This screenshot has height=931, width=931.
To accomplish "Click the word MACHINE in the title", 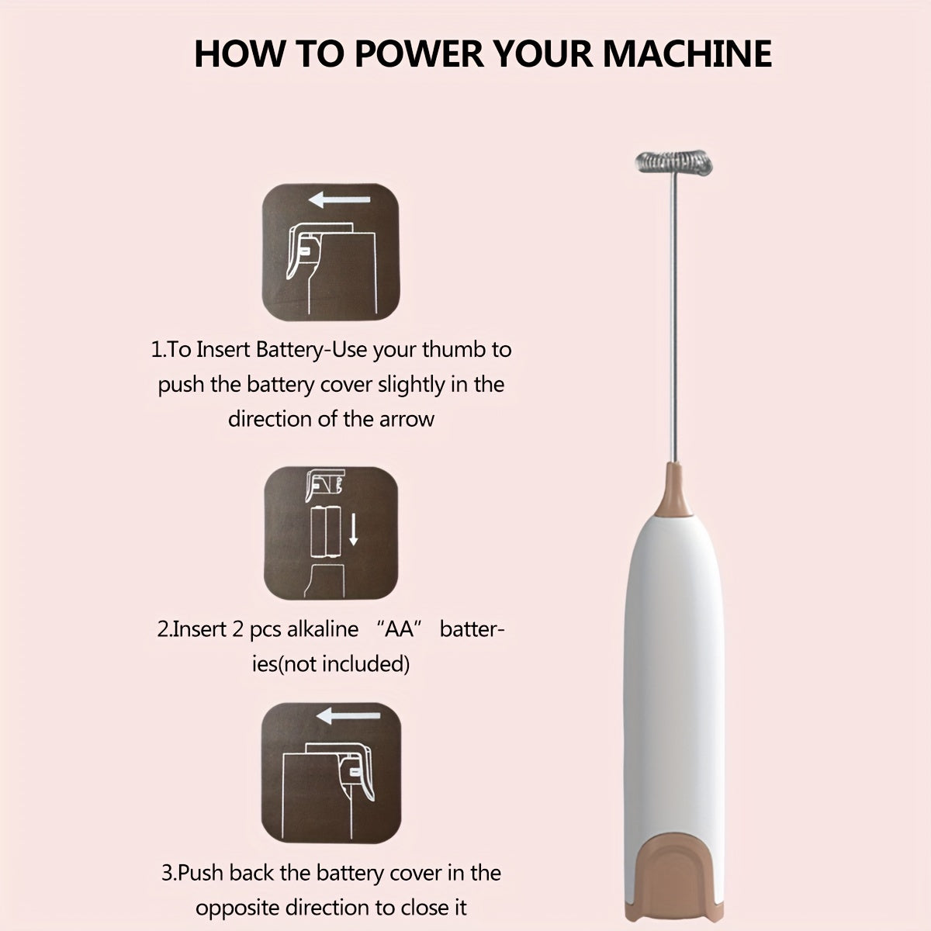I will [x=687, y=54].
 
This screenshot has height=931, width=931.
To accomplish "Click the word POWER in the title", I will [x=417, y=54].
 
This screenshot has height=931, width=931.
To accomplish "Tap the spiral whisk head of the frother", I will [x=673, y=163].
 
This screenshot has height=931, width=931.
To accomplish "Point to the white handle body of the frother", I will [x=673, y=659].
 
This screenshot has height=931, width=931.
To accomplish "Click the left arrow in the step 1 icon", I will [x=339, y=201].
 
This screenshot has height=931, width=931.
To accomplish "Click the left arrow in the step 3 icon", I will [x=348, y=715].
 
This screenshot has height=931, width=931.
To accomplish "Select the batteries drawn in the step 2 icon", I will [x=326, y=531].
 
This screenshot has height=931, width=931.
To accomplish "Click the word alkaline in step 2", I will [x=323, y=629].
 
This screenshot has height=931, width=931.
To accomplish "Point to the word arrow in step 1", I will [x=407, y=419].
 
